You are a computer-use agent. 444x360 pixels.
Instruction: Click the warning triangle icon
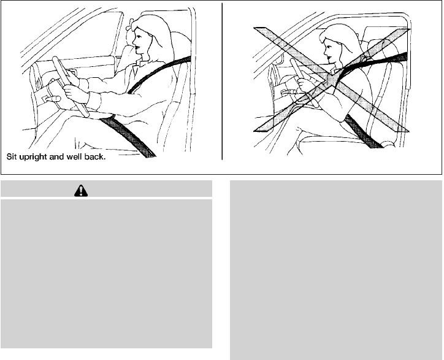click(81, 191)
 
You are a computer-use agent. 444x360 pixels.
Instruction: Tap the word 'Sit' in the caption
click(12, 156)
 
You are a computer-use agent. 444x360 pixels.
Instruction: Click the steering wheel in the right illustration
click(304, 82)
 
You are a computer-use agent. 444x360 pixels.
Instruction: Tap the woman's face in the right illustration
click(329, 51)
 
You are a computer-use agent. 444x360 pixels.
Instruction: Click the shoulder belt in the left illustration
click(159, 74)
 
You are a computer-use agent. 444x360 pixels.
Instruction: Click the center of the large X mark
click(332, 80)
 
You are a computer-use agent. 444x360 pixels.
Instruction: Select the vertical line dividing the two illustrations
click(222, 82)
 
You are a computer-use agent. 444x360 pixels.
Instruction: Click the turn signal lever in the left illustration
click(52, 99)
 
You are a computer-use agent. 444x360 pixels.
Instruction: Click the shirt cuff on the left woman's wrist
click(94, 101)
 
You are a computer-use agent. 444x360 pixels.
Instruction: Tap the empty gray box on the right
click(336, 270)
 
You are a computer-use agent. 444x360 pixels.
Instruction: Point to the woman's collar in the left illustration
click(139, 64)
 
